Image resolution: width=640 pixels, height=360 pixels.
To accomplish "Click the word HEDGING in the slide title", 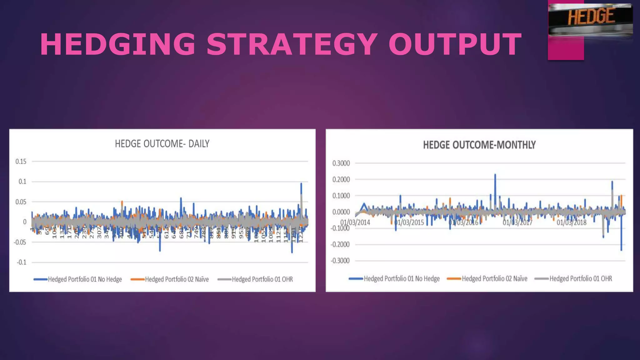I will (117, 44).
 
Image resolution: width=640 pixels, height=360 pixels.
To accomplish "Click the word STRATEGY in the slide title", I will (292, 44).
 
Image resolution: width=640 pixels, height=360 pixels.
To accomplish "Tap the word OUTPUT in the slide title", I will (455, 44).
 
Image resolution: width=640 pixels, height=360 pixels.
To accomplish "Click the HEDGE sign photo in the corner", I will (591, 19).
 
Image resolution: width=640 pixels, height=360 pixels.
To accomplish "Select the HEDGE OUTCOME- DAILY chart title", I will (162, 144).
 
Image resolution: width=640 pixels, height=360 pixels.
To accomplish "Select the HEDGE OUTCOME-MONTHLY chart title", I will (479, 145).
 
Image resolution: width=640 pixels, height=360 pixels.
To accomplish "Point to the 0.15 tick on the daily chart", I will (21, 162).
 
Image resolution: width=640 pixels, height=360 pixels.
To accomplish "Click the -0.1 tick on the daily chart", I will (22, 262).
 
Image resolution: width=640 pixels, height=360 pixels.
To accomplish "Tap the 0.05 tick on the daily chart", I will (21, 202).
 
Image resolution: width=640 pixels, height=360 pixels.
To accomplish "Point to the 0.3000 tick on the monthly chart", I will (341, 163).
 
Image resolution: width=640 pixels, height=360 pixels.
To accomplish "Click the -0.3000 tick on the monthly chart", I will (340, 261).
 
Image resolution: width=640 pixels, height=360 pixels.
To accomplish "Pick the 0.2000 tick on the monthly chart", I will (341, 180).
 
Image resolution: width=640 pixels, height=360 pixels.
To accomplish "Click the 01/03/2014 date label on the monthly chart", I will (355, 222).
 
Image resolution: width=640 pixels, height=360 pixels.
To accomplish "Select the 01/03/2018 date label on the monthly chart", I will (571, 222).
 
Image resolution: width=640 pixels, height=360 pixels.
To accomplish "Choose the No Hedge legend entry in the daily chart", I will (84, 279).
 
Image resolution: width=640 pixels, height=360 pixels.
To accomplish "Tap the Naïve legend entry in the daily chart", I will (177, 279).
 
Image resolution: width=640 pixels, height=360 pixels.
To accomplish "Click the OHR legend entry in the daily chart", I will (262, 279).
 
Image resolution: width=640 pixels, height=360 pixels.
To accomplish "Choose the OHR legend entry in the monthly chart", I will (580, 278).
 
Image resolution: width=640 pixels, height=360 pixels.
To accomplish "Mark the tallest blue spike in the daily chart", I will (301, 184).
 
